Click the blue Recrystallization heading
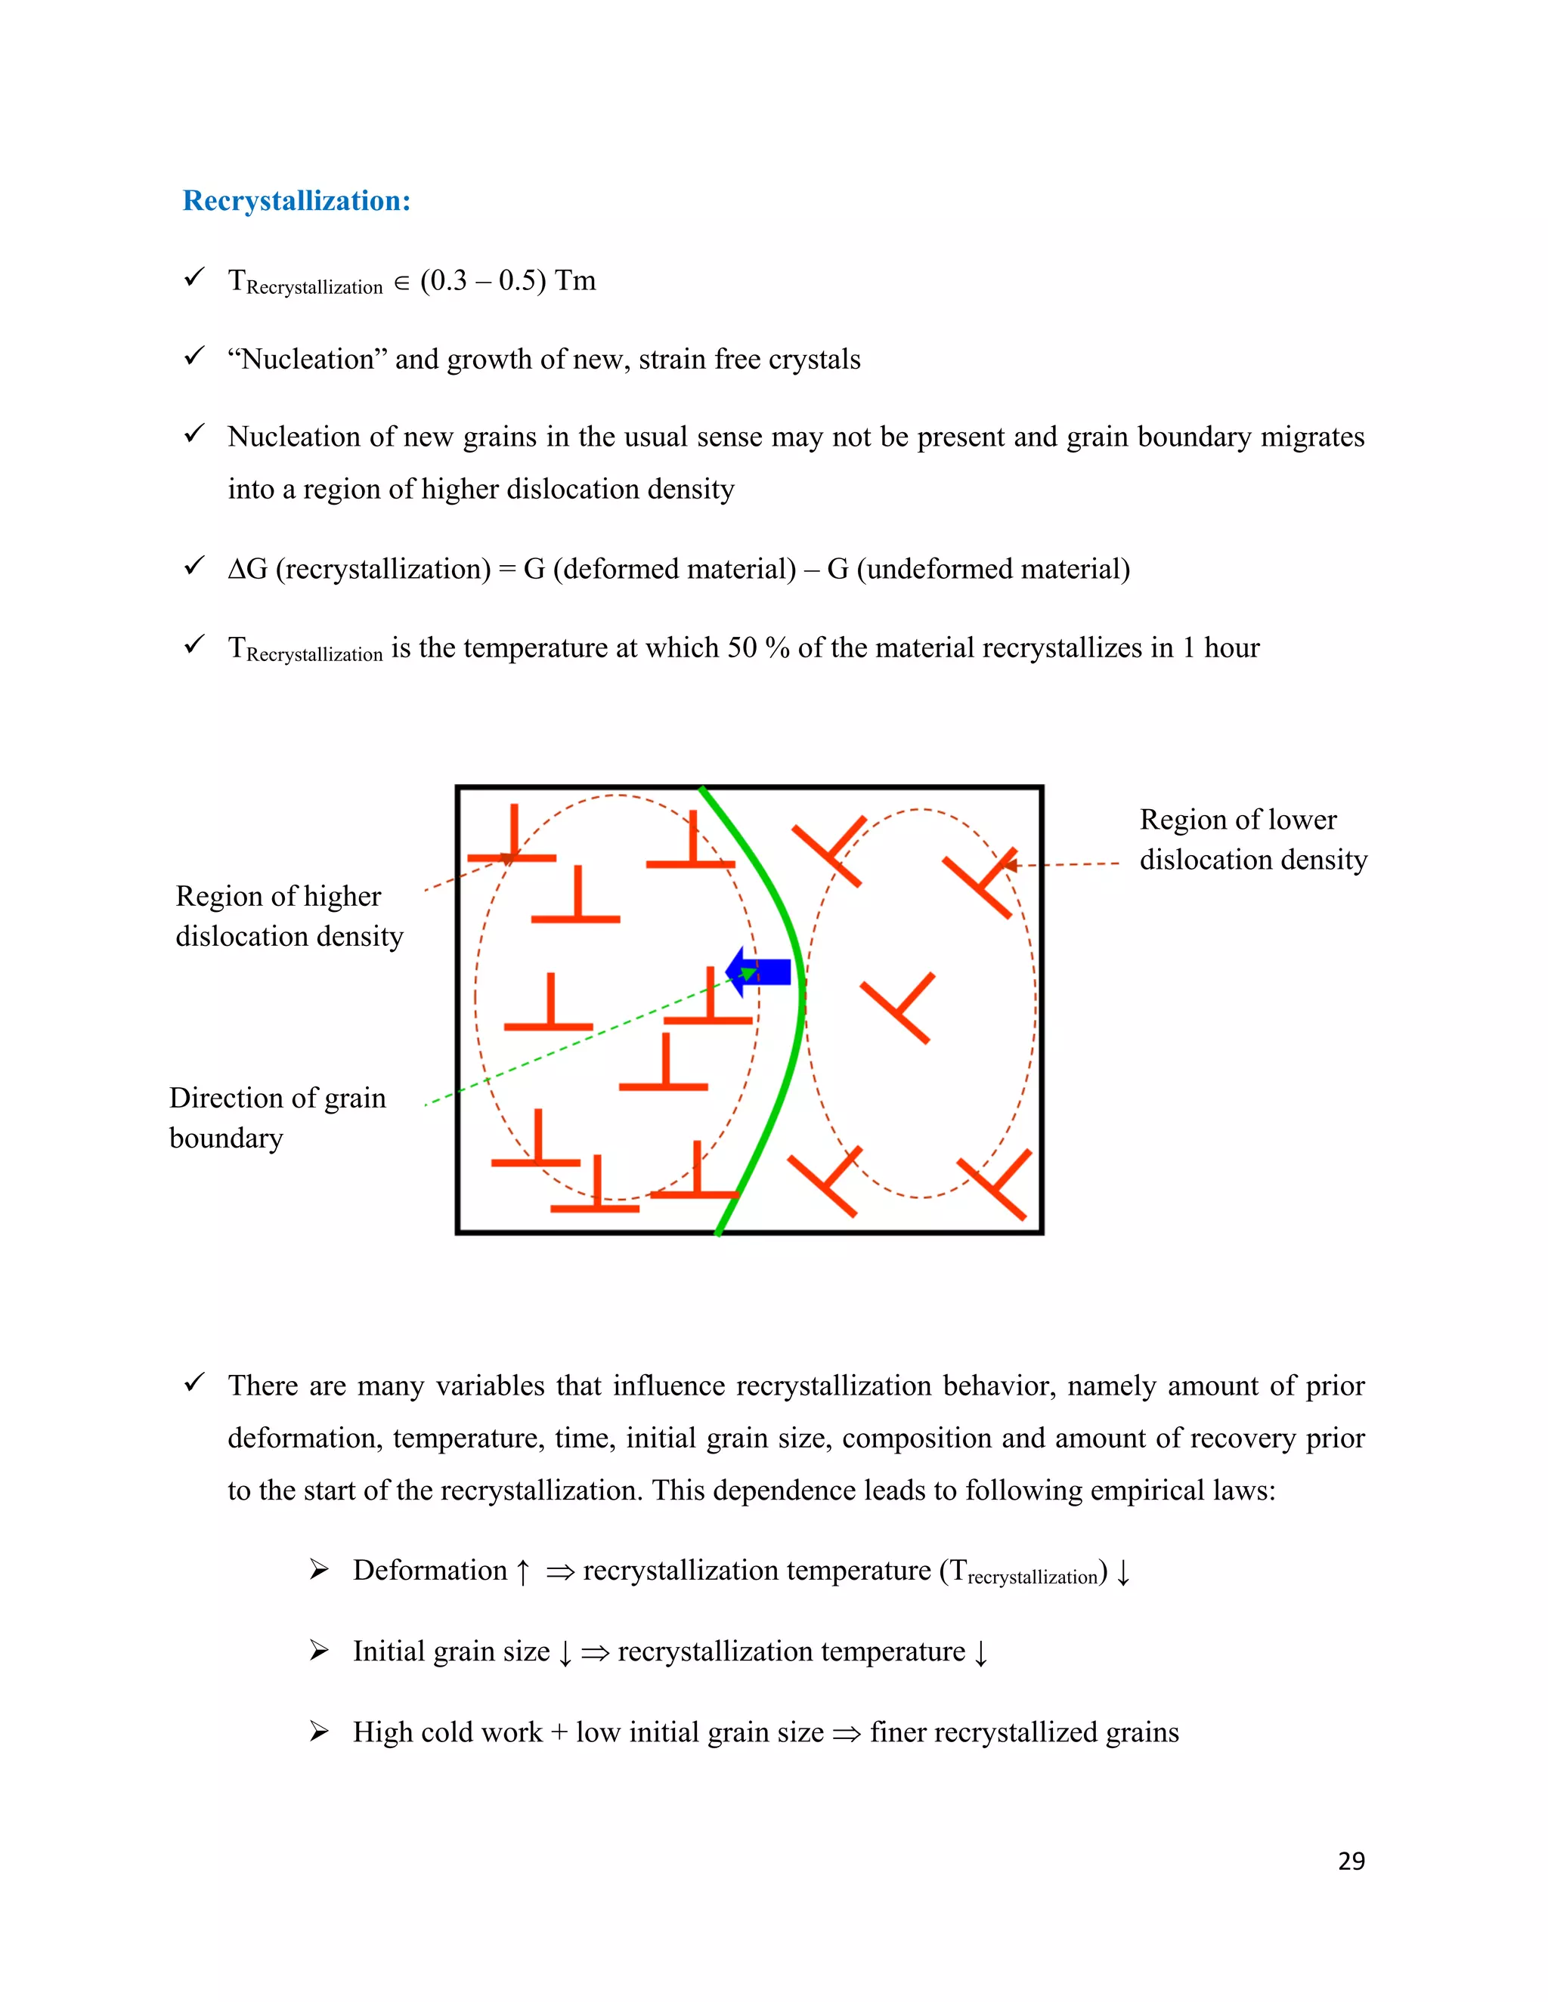tap(296, 201)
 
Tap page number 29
tap(1351, 1861)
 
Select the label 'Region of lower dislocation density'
tap(1252, 839)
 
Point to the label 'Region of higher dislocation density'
tap(289, 916)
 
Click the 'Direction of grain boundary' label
tap(277, 1117)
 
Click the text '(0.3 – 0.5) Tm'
tap(508, 280)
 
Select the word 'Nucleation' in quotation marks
tap(308, 360)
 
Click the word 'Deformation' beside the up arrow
tap(429, 1571)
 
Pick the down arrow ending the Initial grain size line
tap(980, 1653)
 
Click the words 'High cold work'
tap(447, 1732)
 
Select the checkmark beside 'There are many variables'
tap(193, 1383)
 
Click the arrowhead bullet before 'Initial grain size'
tap(318, 1651)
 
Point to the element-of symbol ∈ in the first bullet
tap(401, 283)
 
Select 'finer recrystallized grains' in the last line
tap(1024, 1732)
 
